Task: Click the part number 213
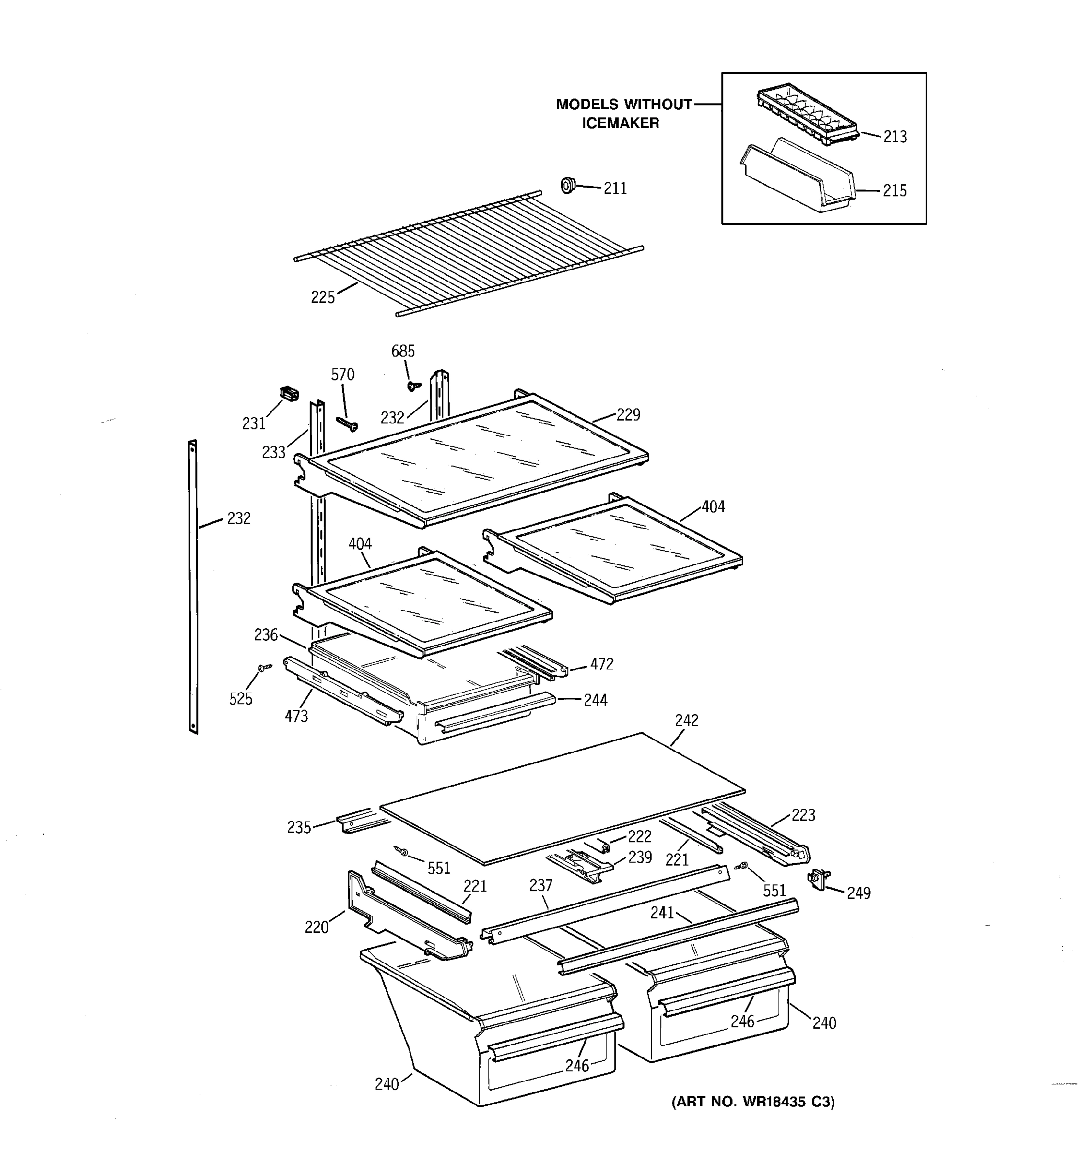(894, 137)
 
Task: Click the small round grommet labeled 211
(568, 186)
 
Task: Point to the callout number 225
(322, 298)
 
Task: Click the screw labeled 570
(347, 424)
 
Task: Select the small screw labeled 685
(414, 386)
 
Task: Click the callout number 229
(628, 414)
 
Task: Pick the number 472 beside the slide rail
(601, 664)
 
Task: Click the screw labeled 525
(265, 668)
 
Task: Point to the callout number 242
(687, 720)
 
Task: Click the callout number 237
(540, 885)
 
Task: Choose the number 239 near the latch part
(640, 857)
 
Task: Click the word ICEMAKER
(621, 123)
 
